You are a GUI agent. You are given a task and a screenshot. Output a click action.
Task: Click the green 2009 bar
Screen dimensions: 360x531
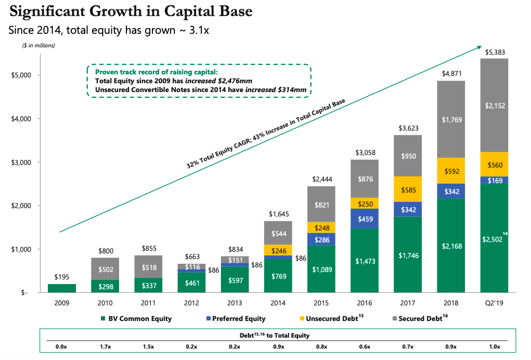62,288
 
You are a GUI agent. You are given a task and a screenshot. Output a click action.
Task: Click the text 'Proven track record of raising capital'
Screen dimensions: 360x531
157,72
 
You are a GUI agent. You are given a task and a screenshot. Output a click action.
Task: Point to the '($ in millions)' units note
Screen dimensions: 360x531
38,46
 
